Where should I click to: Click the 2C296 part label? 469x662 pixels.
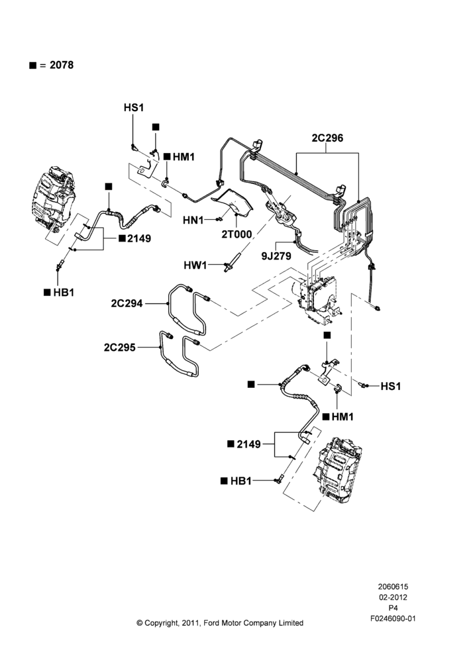click(x=327, y=138)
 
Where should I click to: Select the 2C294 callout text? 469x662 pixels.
click(x=127, y=303)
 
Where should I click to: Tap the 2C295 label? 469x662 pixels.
click(x=120, y=348)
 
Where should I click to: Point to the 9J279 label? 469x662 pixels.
click(x=276, y=256)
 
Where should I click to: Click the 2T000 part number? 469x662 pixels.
click(x=236, y=234)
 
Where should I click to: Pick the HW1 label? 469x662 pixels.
click(x=195, y=265)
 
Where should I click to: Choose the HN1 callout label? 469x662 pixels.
click(x=193, y=220)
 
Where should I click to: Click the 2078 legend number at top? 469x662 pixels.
click(x=62, y=65)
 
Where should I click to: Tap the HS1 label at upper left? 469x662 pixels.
click(x=134, y=108)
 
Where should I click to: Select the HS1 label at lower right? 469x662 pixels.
click(x=391, y=387)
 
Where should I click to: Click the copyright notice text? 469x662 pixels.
click(x=220, y=623)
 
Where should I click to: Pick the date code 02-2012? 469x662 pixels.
click(x=393, y=597)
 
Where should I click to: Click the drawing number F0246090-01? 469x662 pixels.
click(x=393, y=618)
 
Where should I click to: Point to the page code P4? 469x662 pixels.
click(x=393, y=608)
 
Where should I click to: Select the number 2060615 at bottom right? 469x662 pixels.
click(x=393, y=587)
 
